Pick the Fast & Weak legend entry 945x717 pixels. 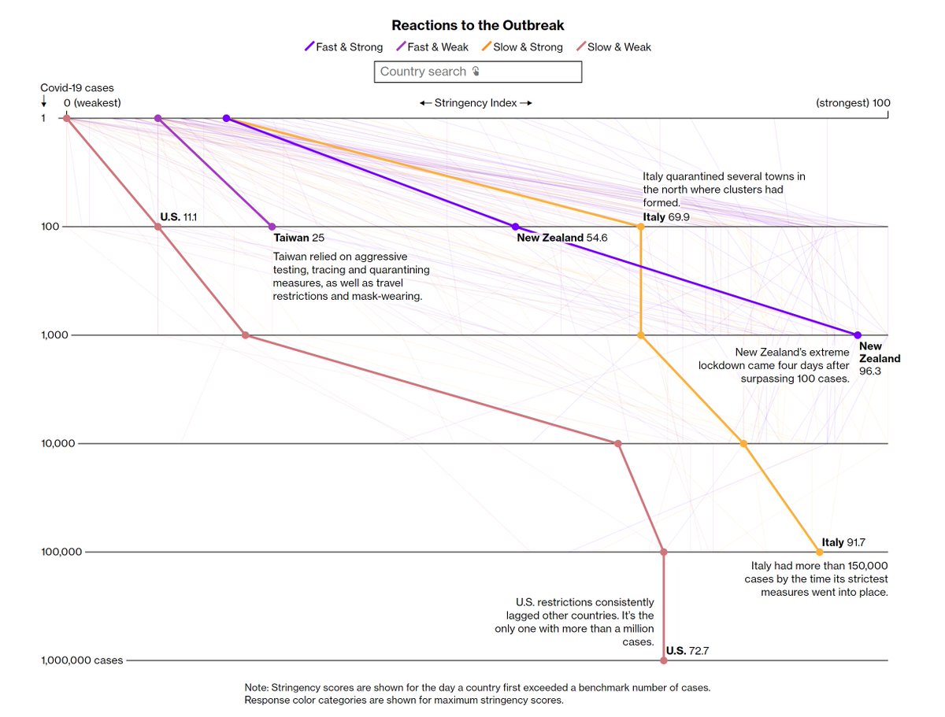432,47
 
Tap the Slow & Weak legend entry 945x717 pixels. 614,47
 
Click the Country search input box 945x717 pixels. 477,72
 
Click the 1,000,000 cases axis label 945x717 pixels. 82,660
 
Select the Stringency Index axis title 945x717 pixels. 475,103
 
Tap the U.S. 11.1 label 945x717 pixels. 178,216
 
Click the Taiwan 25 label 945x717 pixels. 298,238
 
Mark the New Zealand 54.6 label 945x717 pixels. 562,238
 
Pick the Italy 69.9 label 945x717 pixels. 665,216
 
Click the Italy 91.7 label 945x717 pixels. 843,542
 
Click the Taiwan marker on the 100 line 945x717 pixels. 272,227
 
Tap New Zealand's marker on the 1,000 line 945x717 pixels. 858,335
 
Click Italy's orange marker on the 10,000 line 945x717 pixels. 743,444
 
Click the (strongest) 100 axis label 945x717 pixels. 853,103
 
